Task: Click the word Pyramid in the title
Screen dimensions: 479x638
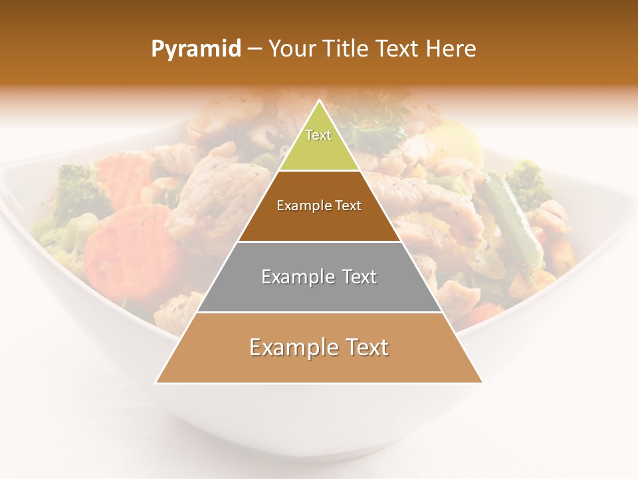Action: (196, 49)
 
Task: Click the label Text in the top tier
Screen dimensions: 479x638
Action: (318, 135)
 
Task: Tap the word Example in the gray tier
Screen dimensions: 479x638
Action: (290, 277)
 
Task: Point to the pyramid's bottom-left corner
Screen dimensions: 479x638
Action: (156, 383)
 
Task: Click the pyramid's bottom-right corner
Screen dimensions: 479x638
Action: (482, 383)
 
